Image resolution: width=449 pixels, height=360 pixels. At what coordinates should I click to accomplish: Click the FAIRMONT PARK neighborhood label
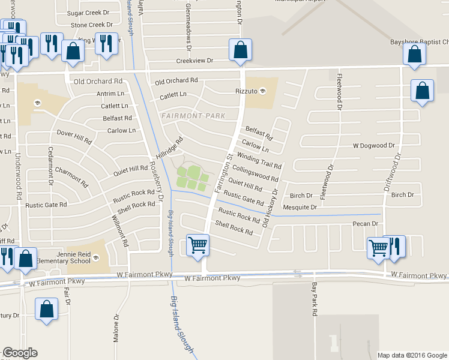[x=193, y=115]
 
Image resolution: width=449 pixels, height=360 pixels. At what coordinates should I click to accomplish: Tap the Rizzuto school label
[x=246, y=91]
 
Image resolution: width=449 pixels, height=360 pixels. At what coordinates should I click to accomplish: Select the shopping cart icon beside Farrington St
[x=197, y=245]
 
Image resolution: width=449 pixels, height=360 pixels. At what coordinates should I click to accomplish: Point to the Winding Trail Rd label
[x=259, y=161]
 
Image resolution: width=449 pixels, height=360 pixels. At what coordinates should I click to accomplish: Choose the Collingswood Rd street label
[x=255, y=174]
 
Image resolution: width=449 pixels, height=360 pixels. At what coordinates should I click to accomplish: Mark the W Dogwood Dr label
[x=373, y=145]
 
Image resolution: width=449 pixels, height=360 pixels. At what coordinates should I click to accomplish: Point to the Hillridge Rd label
[x=169, y=148]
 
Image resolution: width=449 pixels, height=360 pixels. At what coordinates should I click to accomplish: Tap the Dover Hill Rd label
[x=74, y=136]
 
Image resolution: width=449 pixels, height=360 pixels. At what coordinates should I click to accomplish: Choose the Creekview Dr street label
[x=194, y=61]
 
